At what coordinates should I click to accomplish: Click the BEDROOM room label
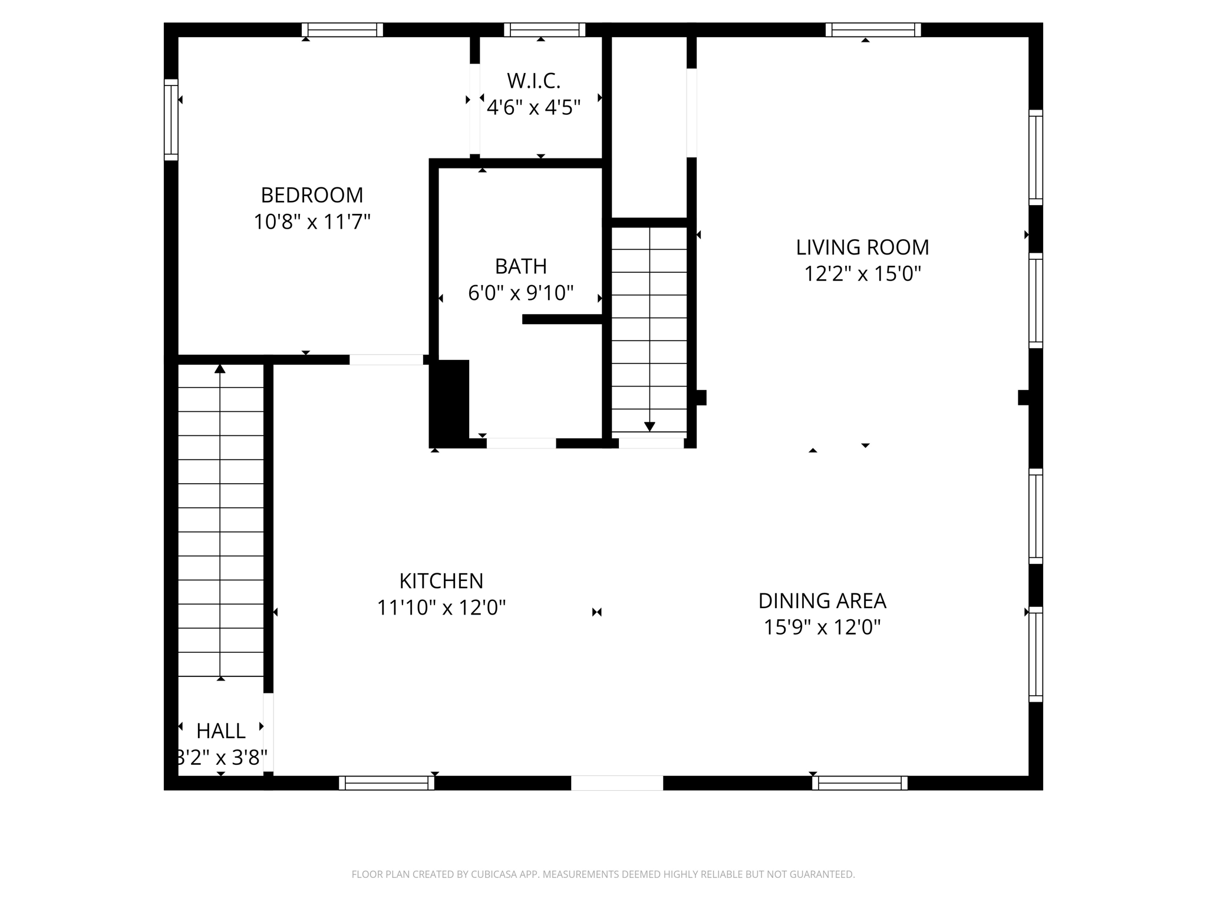[312, 195]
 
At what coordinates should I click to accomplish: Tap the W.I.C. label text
[533, 81]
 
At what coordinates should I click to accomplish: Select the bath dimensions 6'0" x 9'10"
[520, 293]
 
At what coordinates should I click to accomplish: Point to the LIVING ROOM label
[862, 247]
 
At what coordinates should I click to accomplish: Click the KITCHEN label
[441, 581]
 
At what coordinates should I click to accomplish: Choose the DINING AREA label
[822, 601]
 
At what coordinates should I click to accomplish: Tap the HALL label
[220, 731]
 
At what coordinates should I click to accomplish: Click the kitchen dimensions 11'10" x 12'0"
[441, 607]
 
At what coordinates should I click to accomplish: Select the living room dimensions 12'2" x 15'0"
[862, 274]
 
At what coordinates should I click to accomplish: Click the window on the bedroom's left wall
[171, 120]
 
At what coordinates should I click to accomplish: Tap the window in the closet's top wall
[544, 29]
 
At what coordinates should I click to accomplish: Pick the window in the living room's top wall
[873, 29]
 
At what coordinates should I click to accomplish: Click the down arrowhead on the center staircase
[649, 427]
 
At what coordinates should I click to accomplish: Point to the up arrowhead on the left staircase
[220, 369]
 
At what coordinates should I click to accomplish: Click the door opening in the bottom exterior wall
[616, 783]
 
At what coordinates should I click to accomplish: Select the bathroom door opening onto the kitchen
[520, 443]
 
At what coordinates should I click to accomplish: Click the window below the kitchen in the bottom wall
[387, 783]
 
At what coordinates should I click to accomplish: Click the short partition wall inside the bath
[562, 319]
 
